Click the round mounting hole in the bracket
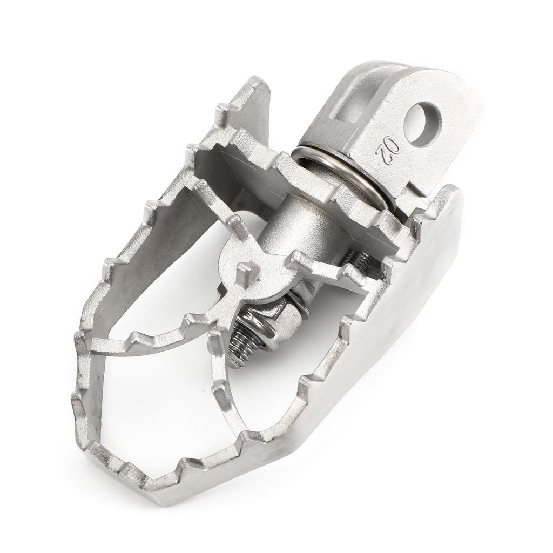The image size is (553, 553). pyautogui.click(x=422, y=124)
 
